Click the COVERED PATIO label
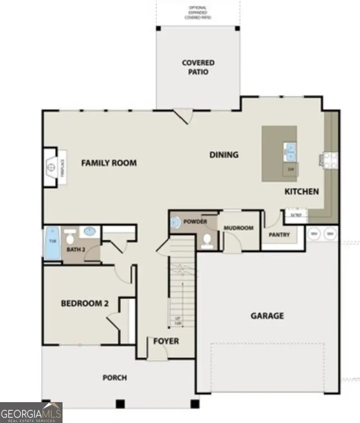pyautogui.click(x=198, y=67)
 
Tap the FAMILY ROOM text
pyautogui.click(x=109, y=163)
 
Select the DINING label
pyautogui.click(x=224, y=155)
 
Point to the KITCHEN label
pyautogui.click(x=301, y=192)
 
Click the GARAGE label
pyautogui.click(x=267, y=315)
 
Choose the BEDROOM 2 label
pyautogui.click(x=81, y=303)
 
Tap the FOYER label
pyautogui.click(x=166, y=341)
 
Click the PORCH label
pyautogui.click(x=115, y=377)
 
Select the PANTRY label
pyautogui.click(x=279, y=235)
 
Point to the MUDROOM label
pyautogui.click(x=239, y=228)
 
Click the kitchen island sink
pyautogui.click(x=290, y=152)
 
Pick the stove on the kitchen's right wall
pyautogui.click(x=331, y=159)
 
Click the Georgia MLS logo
pyautogui.click(x=31, y=412)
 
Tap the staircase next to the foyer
pyautogui.click(x=182, y=285)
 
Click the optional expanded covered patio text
pyautogui.click(x=198, y=12)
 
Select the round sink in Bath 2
pyautogui.click(x=89, y=232)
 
